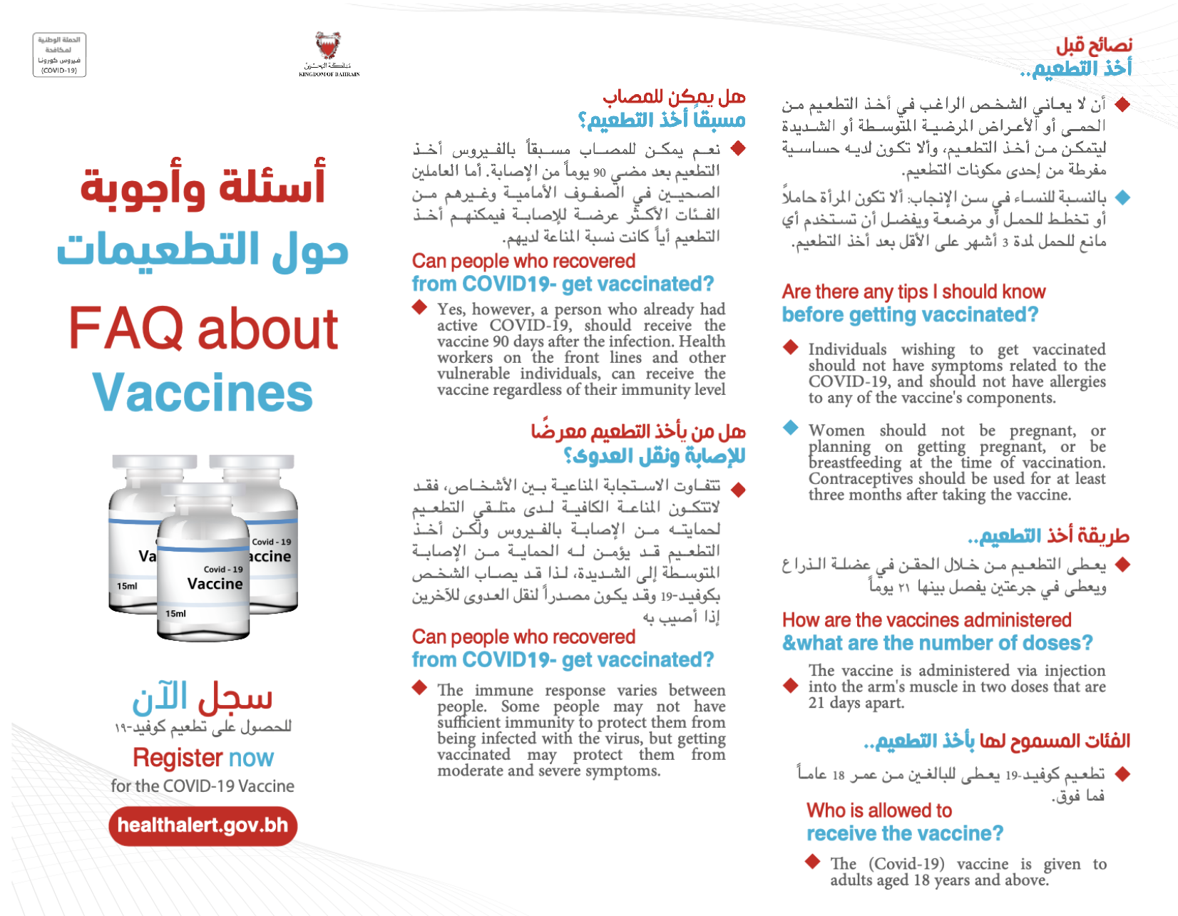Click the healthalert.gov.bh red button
tap(203, 825)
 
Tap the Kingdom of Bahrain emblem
tap(328, 46)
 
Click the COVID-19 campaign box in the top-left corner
tap(59, 55)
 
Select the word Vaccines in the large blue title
tap(203, 393)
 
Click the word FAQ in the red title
tap(126, 329)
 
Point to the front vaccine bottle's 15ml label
tap(175, 613)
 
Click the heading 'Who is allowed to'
tap(879, 810)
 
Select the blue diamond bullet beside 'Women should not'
tap(790, 428)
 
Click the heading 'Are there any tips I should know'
tap(913, 292)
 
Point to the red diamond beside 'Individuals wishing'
tap(790, 347)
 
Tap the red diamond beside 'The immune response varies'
tap(419, 688)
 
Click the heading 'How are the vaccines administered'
tap(926, 620)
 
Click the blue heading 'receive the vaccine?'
tap(905, 833)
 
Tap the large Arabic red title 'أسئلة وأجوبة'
tap(203, 184)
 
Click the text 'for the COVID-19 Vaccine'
tap(203, 786)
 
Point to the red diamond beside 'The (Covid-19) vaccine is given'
tap(812, 861)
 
